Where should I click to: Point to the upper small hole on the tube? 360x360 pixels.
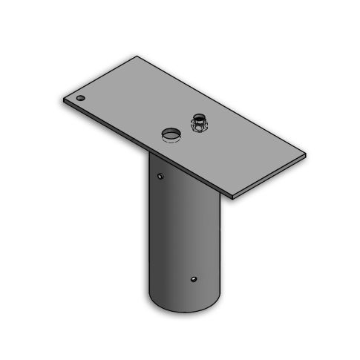coord(160,176)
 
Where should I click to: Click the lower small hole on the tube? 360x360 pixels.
coord(194,279)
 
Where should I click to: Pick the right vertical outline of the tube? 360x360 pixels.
coord(221,245)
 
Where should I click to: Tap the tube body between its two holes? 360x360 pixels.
coord(178,230)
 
